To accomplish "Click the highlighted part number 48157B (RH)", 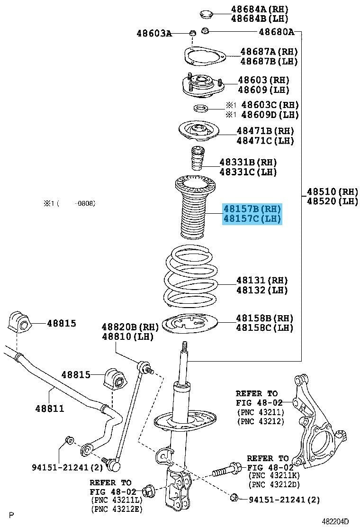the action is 252,209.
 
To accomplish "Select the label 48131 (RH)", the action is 262,280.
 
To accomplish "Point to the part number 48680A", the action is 276,32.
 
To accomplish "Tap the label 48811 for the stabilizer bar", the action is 50,408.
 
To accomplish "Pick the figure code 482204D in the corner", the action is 335,521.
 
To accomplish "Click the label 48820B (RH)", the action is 130,327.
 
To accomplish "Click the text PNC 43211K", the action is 274,475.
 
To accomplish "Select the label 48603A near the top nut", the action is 154,33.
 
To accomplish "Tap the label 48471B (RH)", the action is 265,130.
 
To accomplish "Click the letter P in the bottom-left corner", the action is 12,515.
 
